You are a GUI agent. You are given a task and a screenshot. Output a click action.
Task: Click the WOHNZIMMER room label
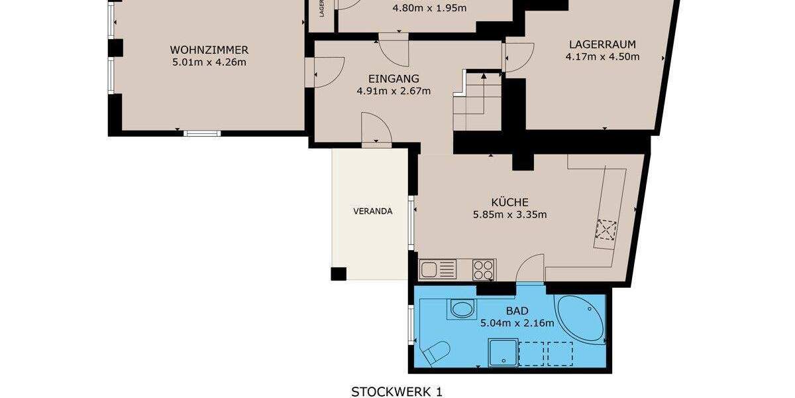209,50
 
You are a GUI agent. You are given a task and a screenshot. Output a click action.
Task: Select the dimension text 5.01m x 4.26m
209,63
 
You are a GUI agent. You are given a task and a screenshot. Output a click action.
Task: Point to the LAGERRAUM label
602,44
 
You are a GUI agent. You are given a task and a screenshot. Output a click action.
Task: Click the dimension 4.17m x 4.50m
602,57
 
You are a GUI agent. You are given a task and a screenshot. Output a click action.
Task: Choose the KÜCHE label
509,202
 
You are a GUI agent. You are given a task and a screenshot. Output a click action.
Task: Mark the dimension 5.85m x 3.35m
509,214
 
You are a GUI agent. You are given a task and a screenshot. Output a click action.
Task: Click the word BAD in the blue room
517,310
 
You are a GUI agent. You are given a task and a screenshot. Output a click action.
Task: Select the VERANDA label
372,212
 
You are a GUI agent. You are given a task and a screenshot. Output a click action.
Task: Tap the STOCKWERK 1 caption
396,391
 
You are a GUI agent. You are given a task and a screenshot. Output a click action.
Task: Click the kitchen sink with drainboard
438,269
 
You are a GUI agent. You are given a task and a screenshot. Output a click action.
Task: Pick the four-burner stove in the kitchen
484,269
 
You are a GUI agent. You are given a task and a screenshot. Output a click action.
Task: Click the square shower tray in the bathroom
502,352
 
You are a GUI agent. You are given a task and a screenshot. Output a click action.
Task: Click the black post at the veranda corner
339,273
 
